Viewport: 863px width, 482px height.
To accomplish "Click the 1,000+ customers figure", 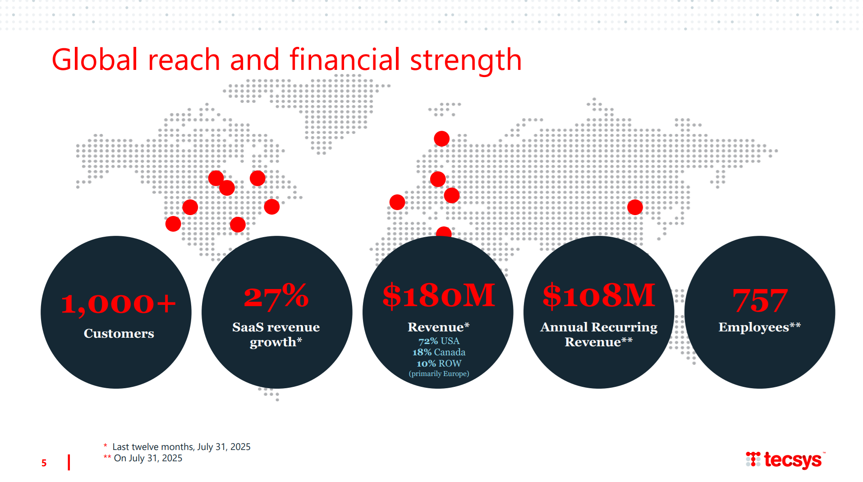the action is [118, 304].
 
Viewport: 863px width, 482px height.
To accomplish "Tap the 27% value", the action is [276, 296].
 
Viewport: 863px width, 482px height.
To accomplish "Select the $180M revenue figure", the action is [439, 296].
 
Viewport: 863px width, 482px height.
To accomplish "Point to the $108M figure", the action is [599, 296].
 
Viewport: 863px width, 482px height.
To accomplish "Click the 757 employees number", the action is [760, 301].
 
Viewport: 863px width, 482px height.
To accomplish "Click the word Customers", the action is [119, 334].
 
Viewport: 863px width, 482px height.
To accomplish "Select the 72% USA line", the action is [439, 341].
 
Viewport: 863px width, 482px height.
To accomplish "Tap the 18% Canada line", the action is [439, 352].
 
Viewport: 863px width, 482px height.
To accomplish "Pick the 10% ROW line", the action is [439, 363].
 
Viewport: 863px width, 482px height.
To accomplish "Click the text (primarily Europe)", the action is [439, 374].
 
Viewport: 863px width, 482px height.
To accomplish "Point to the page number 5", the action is [44, 463].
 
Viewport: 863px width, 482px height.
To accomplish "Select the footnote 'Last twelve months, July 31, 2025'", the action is [181, 447].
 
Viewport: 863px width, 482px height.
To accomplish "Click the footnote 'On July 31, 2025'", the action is [148, 458].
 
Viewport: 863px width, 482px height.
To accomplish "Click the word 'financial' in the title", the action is [345, 60].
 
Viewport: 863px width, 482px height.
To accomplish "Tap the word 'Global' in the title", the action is [95, 60].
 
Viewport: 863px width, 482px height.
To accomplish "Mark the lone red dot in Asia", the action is [635, 207].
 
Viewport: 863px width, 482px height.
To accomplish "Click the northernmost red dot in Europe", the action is [441, 139].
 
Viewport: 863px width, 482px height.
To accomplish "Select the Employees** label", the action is [760, 327].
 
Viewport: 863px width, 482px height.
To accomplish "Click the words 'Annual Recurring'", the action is [599, 327].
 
